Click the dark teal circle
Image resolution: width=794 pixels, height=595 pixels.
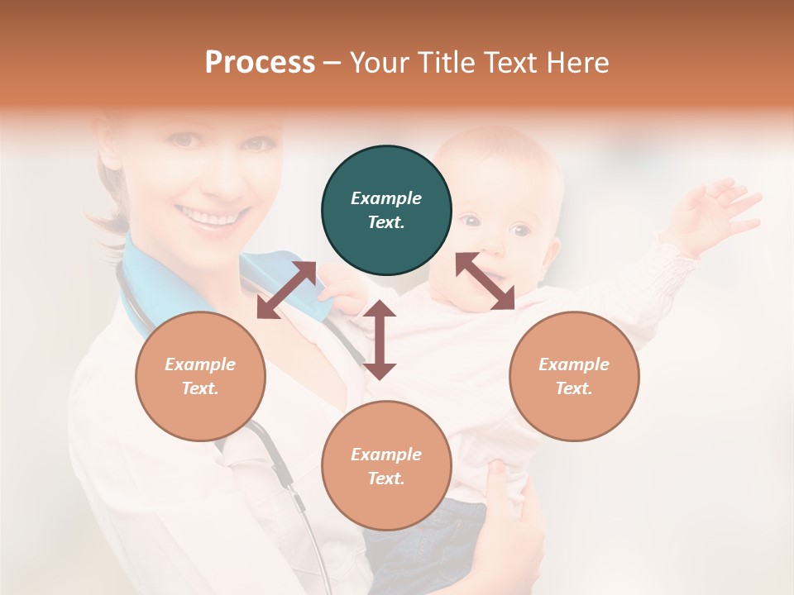click(386, 211)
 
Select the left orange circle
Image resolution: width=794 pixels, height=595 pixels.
click(200, 376)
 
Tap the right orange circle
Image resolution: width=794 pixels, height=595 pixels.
click(574, 376)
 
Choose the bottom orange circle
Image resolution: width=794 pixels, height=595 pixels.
click(386, 465)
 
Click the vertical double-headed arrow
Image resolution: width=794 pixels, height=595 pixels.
click(380, 340)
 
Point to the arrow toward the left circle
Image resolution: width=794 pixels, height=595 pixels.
click(286, 290)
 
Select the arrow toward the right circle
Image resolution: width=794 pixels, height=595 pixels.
click(485, 281)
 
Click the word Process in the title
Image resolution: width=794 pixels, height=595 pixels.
click(260, 62)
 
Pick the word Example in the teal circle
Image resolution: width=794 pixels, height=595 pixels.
click(386, 198)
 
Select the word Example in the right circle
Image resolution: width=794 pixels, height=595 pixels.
click(574, 364)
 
